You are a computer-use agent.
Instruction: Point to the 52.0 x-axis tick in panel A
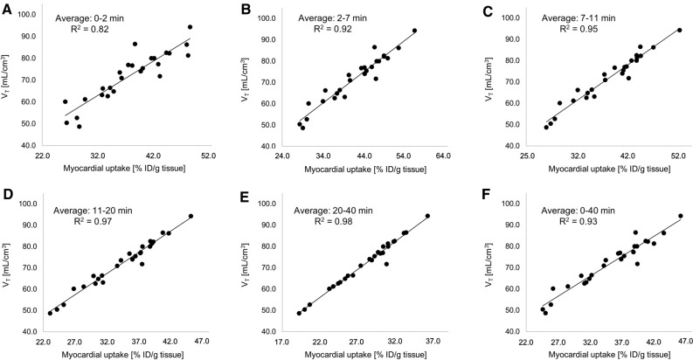pos(209,156)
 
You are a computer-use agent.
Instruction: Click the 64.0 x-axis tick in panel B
pos(445,156)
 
